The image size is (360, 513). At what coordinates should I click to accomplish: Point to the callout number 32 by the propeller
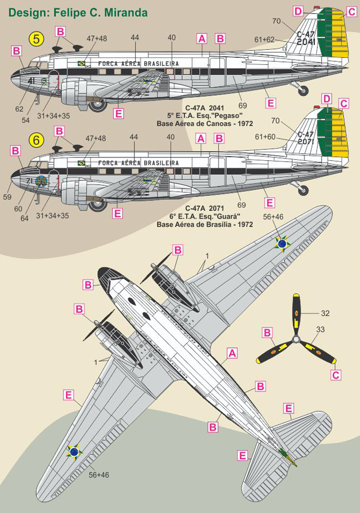coord(326,313)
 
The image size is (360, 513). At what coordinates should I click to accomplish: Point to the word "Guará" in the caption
coord(226,216)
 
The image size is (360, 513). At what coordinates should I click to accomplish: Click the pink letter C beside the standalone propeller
coord(336,375)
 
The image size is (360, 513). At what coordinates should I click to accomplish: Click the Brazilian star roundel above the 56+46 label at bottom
coord(75,453)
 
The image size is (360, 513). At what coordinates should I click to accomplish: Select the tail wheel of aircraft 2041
coord(303,90)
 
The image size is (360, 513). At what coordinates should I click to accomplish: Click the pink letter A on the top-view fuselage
coord(232,354)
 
